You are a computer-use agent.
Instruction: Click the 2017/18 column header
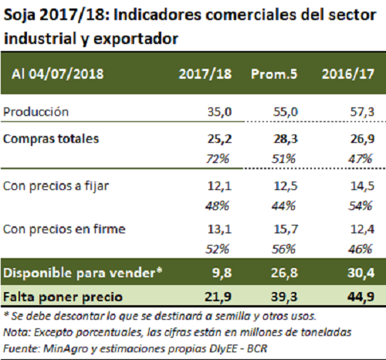205,74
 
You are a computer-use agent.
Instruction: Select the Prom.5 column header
274,74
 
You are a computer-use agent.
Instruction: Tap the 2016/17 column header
348,74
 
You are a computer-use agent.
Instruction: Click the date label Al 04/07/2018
58,74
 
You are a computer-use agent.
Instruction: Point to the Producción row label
36,112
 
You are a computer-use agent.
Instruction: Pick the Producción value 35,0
219,112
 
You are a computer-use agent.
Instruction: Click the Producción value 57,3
362,112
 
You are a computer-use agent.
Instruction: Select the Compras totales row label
51,139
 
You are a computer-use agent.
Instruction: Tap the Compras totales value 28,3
286,139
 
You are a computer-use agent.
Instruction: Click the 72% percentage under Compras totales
217,158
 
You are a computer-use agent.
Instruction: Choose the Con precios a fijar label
56,186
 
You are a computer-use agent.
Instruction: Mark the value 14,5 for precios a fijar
362,186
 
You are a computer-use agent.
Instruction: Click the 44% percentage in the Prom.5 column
283,205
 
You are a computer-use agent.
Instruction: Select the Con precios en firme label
64,229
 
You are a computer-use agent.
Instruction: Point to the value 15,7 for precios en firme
286,229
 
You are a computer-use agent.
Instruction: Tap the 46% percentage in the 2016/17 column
360,249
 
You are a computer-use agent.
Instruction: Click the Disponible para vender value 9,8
222,273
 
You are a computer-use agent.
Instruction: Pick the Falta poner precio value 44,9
361,297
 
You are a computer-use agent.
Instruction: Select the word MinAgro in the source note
66,348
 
